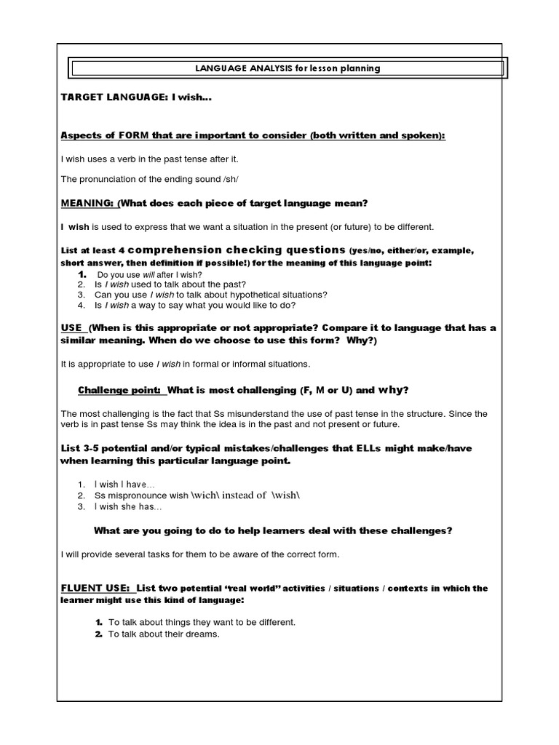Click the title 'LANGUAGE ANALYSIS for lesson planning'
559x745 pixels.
288,69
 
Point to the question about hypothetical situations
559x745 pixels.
211,295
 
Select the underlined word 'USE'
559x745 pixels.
73,328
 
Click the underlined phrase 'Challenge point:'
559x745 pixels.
121,389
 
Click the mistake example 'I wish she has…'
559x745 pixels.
128,506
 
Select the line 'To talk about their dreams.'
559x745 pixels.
164,634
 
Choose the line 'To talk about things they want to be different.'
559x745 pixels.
202,623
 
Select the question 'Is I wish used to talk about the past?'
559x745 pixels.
170,284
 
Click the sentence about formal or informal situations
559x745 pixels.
185,364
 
